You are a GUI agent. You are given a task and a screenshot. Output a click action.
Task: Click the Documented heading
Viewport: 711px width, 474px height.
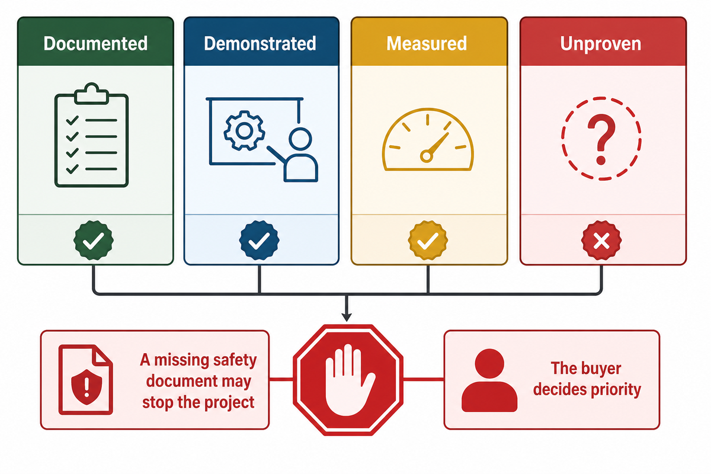(95, 43)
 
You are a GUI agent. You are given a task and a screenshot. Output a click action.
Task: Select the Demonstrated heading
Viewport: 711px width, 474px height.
(260, 43)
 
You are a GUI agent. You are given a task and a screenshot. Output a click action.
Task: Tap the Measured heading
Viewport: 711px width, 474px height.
(427, 43)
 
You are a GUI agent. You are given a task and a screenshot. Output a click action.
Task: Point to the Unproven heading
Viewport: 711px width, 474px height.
(601, 44)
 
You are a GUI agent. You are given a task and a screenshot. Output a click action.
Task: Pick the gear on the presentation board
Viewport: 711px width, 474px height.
(244, 130)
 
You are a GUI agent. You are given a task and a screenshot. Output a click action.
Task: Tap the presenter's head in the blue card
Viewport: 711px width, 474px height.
(300, 139)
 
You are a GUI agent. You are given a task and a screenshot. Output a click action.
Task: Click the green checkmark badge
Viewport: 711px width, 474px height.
(94, 240)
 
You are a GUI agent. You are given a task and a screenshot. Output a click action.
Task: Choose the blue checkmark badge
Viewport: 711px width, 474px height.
(260, 240)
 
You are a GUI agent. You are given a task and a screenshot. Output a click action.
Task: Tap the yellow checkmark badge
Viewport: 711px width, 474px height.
(428, 240)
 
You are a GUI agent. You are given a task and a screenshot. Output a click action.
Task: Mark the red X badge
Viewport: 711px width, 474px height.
(601, 240)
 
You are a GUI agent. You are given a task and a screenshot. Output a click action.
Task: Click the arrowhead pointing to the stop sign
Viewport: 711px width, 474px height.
(347, 317)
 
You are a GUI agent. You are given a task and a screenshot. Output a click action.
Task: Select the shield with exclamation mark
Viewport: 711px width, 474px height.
(87, 387)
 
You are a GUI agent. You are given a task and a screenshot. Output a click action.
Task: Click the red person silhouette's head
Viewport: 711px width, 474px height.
(489, 364)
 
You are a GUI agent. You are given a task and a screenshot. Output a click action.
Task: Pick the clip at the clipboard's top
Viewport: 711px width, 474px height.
(91, 94)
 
